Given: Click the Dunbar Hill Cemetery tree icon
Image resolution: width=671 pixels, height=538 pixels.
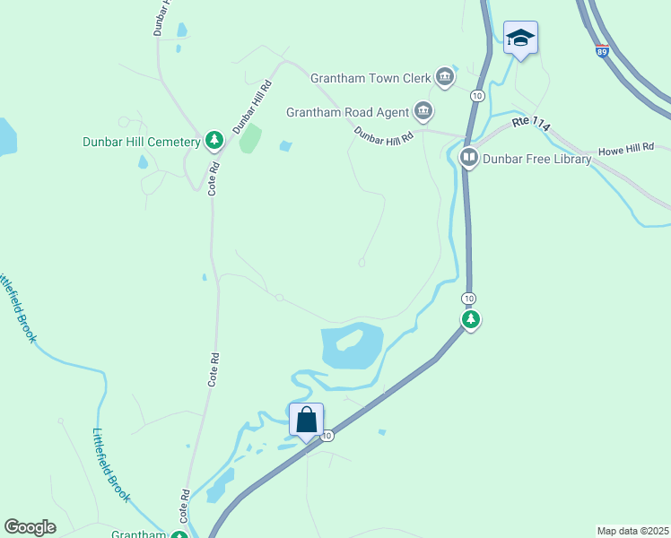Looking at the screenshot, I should (213, 140).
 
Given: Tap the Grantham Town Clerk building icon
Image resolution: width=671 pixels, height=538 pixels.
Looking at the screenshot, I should (444, 77).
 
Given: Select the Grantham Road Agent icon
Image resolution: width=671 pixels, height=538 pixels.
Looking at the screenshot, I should (423, 112).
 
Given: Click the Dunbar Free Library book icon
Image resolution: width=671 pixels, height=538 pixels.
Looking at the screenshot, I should (468, 159).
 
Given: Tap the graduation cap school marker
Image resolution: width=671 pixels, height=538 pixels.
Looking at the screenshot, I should (520, 38).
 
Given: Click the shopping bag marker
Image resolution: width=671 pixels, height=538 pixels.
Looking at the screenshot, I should (306, 419).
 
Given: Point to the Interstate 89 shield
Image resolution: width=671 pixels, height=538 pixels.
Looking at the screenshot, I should (601, 51).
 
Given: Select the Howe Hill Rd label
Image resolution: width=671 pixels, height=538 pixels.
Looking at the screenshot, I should (626, 148).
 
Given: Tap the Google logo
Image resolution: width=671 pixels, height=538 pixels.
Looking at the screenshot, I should (30, 527).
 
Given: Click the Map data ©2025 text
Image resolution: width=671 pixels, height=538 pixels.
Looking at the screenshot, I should (632, 531).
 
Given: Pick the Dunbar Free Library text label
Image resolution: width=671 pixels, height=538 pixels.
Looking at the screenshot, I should (536, 160).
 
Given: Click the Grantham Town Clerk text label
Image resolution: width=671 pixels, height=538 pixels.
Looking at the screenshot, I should (371, 78).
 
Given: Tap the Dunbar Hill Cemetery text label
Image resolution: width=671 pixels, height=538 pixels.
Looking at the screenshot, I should (141, 141).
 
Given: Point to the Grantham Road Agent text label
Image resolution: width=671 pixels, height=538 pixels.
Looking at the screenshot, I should (347, 113).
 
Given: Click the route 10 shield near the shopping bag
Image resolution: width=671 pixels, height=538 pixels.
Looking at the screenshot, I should (328, 436).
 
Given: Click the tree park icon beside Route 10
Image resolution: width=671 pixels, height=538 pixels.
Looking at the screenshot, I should (470, 318).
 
